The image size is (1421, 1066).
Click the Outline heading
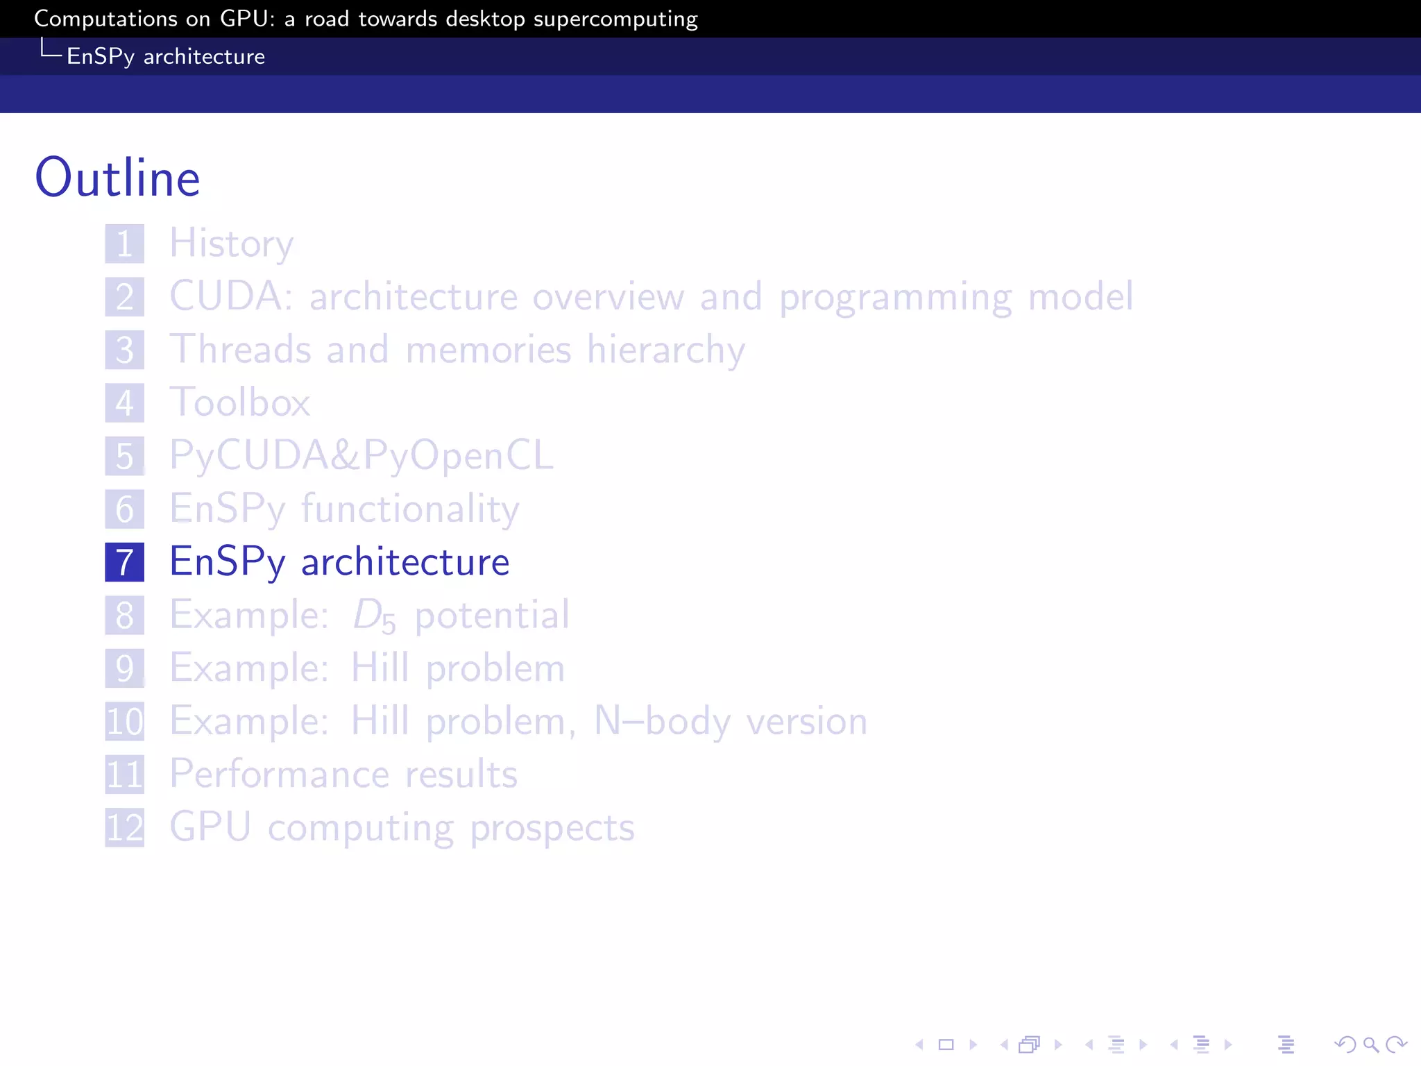pos(117,178)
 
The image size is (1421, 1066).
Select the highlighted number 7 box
pos(125,562)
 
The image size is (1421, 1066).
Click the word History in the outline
pos(232,244)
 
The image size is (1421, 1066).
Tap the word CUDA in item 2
pos(226,296)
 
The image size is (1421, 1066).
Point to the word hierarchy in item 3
pos(665,350)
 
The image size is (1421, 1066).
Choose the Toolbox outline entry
pos(240,403)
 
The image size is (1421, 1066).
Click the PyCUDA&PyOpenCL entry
pos(361,456)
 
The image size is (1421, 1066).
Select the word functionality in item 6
pos(410,509)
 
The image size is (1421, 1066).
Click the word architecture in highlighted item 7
pos(405,562)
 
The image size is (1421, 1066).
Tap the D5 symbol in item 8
pos(374,616)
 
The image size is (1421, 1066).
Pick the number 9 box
pos(125,668)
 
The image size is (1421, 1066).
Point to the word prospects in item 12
pos(552,828)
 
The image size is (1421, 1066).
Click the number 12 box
pos(125,828)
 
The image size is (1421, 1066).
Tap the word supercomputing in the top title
pos(615,19)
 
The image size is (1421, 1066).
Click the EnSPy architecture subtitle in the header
pos(166,56)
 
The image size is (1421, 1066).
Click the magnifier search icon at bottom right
pos(1370,1044)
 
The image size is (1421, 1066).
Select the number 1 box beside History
pos(125,244)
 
